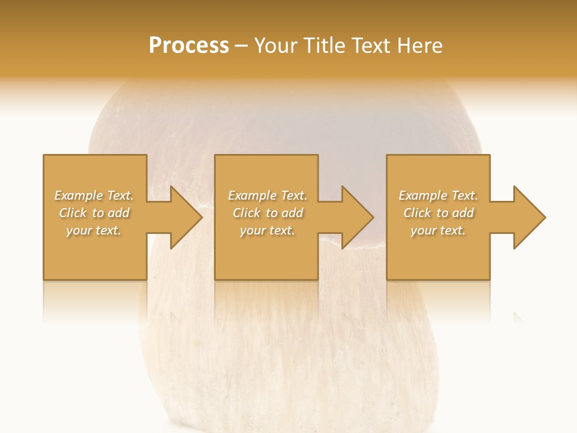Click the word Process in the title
pyautogui.click(x=189, y=46)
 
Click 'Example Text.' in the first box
pyautogui.click(x=94, y=195)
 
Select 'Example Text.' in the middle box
pyautogui.click(x=267, y=195)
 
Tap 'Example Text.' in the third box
pyautogui.click(x=438, y=195)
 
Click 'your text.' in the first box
pyautogui.click(x=94, y=230)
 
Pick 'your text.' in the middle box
pyautogui.click(x=267, y=230)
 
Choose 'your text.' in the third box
pyautogui.click(x=438, y=230)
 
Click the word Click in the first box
pyautogui.click(x=74, y=213)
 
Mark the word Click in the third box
pyautogui.click(x=418, y=213)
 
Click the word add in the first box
pyautogui.click(x=118, y=213)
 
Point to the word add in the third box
pyautogui.click(x=463, y=213)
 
